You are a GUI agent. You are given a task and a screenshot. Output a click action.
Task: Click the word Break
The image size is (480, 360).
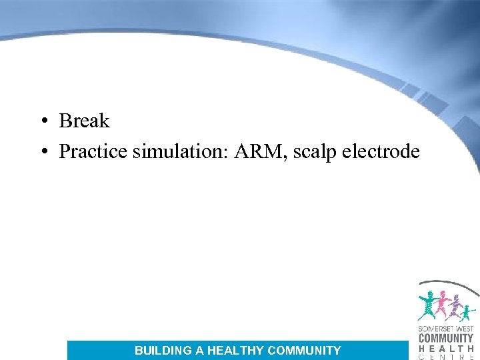click(84, 121)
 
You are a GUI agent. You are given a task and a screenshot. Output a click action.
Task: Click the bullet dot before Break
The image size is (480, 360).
click(42, 121)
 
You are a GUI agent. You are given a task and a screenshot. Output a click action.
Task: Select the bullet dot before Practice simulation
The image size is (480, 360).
click(42, 152)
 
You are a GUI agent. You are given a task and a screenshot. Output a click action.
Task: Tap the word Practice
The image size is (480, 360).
click(93, 152)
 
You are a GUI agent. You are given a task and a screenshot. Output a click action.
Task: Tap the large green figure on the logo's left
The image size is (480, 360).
click(427, 305)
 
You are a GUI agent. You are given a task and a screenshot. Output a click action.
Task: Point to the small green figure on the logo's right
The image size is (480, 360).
click(469, 311)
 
